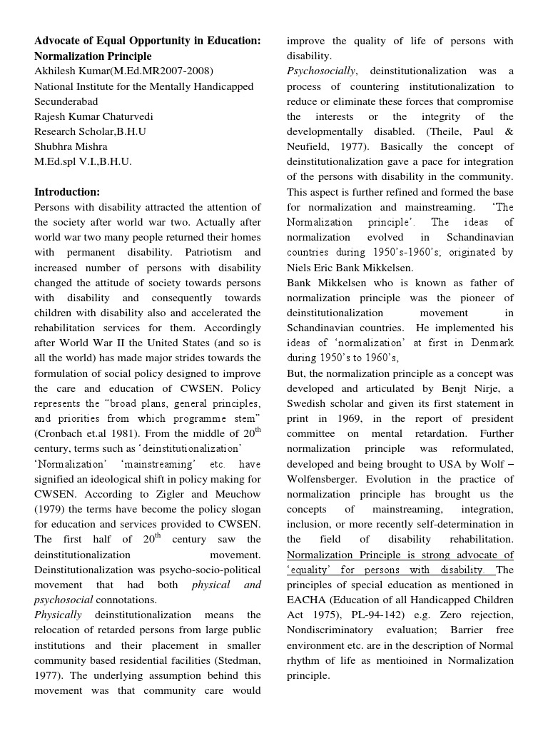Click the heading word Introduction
tap(67, 192)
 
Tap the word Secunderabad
tap(66, 101)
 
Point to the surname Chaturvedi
tap(127, 116)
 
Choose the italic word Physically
tap(58, 615)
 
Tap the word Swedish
tap(308, 403)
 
